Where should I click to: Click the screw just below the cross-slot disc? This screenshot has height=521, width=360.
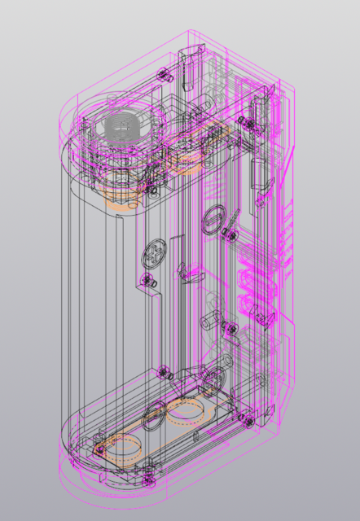click(149, 282)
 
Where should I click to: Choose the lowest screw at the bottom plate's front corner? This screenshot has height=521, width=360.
click(148, 471)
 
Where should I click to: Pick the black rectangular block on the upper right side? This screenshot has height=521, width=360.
click(260, 175)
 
